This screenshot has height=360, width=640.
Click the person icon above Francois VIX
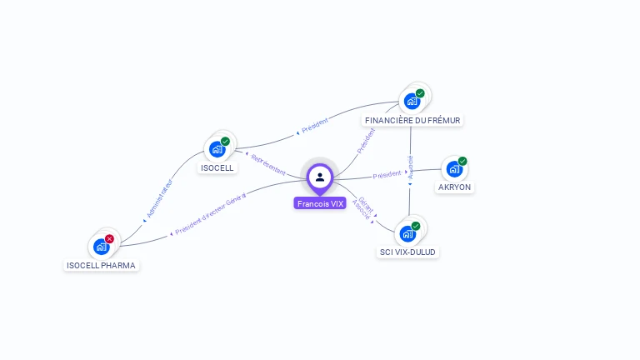pos(320,177)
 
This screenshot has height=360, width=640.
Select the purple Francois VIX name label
pos(320,203)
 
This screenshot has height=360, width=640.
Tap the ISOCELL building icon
pos(217,149)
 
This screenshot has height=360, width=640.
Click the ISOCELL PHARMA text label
pos(102,266)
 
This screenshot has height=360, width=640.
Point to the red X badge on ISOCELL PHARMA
pos(109,239)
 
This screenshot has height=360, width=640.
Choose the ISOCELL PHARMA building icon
pos(101,247)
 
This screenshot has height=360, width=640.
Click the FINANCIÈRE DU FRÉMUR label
pos(412,121)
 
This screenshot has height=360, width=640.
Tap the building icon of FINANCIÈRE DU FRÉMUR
pos(411,101)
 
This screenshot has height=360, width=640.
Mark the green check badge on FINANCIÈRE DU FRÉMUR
pos(420,93)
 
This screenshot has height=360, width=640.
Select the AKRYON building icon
pos(454,168)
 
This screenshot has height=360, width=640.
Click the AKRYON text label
pos(455,187)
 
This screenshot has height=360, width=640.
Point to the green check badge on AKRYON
pos(462,161)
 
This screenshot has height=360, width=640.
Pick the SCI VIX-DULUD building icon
pos(407,232)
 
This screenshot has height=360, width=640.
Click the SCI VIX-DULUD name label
pos(407,252)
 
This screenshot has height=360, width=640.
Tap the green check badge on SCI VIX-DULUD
pos(416,226)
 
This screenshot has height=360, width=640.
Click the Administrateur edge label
pos(158,198)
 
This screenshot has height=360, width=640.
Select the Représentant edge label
pos(267,159)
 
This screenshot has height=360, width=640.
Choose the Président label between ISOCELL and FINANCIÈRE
pos(314,126)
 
